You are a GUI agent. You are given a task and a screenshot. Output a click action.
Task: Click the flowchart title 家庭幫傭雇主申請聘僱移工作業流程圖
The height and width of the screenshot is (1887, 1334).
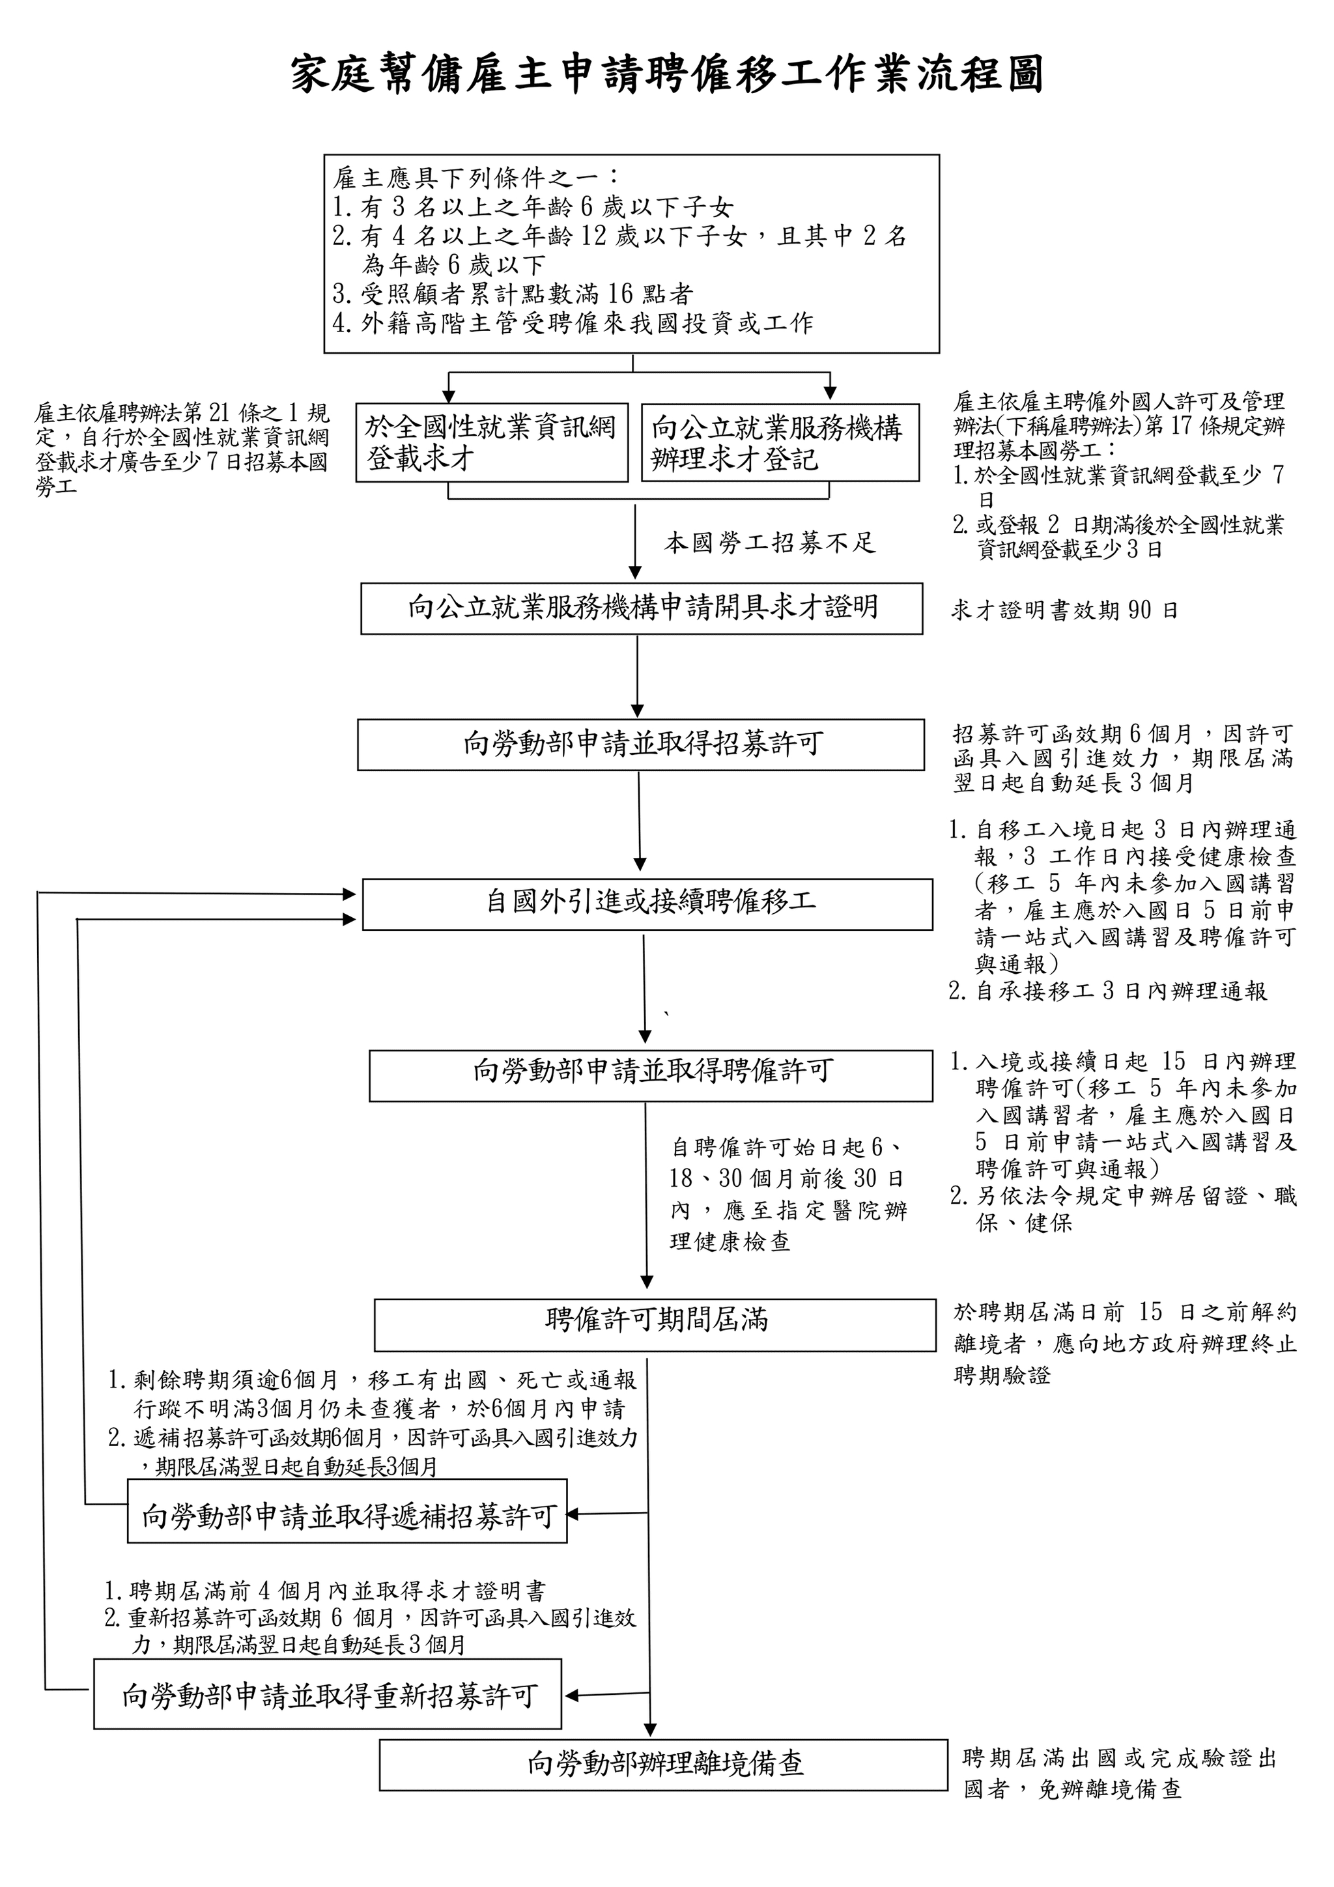pyautogui.click(x=666, y=76)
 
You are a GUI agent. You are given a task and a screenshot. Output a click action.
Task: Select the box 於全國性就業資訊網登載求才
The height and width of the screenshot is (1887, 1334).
pyautogui.click(x=492, y=442)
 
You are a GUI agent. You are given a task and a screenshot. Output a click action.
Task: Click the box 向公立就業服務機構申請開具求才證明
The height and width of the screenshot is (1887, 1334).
pyautogui.click(x=641, y=608)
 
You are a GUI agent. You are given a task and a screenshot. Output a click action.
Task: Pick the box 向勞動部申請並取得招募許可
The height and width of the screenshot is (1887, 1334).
pyautogui.click(x=641, y=745)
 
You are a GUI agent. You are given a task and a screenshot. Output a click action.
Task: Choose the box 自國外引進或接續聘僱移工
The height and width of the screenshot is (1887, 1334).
pyautogui.click(x=647, y=904)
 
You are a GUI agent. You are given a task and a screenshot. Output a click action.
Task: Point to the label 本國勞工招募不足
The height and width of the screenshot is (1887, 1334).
pyautogui.click(x=770, y=543)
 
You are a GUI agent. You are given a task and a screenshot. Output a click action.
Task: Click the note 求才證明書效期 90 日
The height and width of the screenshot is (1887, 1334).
pyautogui.click(x=1064, y=610)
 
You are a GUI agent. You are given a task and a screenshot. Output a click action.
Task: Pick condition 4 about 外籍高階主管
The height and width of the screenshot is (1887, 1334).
pyautogui.click(x=573, y=323)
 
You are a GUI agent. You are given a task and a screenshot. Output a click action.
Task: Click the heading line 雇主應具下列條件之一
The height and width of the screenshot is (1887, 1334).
pyautogui.click(x=476, y=177)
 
